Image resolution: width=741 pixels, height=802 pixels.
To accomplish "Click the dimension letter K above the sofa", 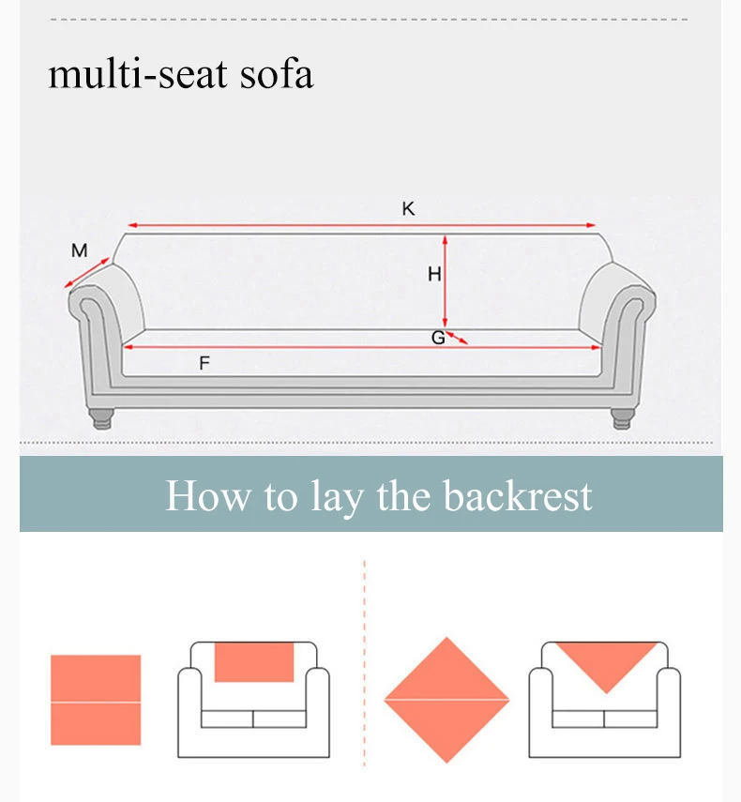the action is [x=408, y=208].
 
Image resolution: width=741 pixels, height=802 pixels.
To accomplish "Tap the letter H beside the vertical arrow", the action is [x=434, y=275].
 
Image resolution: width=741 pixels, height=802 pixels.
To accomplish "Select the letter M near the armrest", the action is [x=80, y=250].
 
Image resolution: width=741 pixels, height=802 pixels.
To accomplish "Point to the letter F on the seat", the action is [x=204, y=363].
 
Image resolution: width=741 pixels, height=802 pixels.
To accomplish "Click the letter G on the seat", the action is [x=438, y=338].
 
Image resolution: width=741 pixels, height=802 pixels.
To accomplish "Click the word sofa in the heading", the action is [x=277, y=75].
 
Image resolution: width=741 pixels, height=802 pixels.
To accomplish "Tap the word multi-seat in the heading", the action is [x=138, y=75].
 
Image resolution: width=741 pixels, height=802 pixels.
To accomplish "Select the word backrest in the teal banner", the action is [x=518, y=495].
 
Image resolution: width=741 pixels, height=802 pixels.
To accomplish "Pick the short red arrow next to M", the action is [x=87, y=273].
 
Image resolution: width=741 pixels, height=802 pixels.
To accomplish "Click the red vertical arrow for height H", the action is [x=445, y=281].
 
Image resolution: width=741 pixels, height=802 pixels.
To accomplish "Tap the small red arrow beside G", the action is [x=457, y=338].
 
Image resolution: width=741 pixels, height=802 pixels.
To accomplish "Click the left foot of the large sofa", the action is [x=101, y=418].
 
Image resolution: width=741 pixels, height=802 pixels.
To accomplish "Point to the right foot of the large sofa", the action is [x=623, y=418].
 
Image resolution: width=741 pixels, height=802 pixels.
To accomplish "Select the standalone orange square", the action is [x=96, y=700].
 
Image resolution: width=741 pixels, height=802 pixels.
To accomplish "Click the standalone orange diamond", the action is [x=446, y=700].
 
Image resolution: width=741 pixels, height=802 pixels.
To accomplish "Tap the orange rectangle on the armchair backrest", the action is [x=254, y=662].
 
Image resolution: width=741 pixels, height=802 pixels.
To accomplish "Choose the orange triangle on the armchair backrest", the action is [x=606, y=665].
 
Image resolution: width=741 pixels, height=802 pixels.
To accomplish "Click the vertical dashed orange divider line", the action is [x=364, y=663].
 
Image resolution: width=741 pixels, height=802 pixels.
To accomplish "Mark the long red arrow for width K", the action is [x=361, y=225].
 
